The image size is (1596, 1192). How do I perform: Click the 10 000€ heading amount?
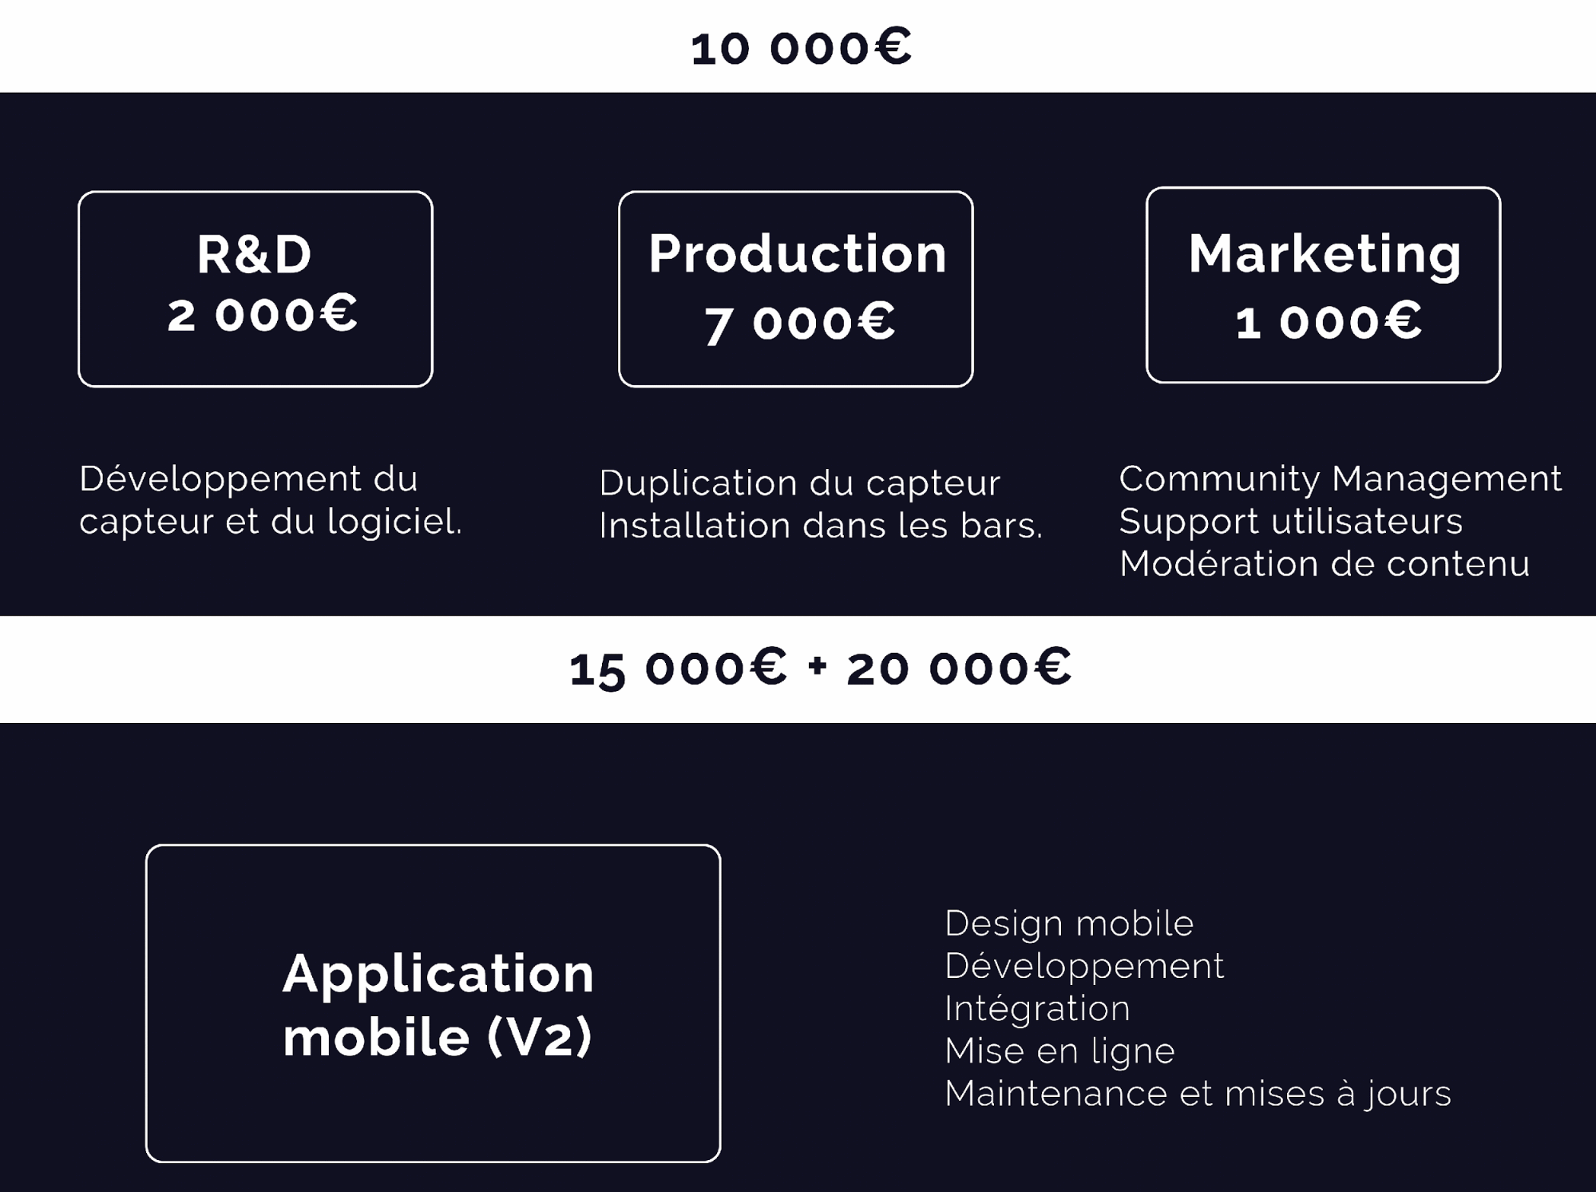(801, 47)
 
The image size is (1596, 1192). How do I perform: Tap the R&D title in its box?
(255, 255)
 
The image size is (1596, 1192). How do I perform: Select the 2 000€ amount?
(262, 313)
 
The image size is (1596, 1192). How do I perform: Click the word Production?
(797, 253)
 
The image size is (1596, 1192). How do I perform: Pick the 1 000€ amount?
(1329, 321)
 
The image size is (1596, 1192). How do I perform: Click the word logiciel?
(394, 522)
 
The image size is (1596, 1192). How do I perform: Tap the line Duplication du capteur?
(800, 483)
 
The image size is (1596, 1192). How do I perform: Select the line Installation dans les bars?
(821, 526)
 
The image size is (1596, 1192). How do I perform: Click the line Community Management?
(1341, 479)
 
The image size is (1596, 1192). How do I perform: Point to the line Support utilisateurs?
(1291, 522)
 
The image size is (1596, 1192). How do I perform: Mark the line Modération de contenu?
(1325, 564)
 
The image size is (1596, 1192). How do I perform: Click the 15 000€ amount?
(678, 668)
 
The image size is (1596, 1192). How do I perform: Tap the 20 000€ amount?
(959, 667)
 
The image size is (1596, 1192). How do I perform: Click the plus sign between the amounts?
(817, 666)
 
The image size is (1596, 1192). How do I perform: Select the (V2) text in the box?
(540, 1037)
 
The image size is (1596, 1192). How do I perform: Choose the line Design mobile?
(1069, 924)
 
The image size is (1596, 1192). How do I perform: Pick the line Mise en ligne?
(1059, 1051)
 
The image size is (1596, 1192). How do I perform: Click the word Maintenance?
(1056, 1094)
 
